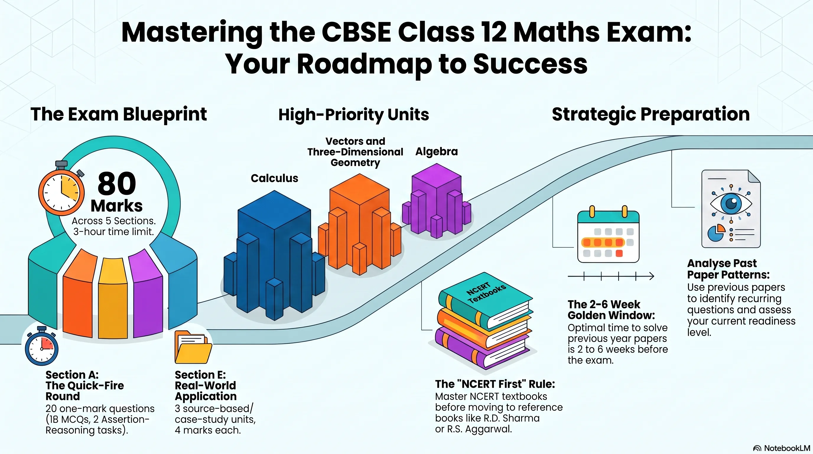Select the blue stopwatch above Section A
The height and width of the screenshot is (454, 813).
click(x=42, y=346)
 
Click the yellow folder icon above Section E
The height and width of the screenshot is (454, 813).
click(x=193, y=347)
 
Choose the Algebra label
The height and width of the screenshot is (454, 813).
click(x=436, y=152)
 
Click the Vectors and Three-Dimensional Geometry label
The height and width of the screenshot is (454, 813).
click(x=355, y=152)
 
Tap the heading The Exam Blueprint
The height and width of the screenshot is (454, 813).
click(x=119, y=114)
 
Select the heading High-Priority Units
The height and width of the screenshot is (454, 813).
click(x=354, y=115)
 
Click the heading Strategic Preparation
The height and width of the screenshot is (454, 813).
click(x=651, y=114)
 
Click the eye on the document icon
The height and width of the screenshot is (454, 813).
click(x=731, y=203)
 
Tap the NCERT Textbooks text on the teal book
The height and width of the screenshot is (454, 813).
click(x=486, y=292)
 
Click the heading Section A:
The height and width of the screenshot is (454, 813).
click(x=72, y=375)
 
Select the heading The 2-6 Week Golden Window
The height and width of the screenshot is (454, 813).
click(x=611, y=310)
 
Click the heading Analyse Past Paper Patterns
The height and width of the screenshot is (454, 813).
click(x=729, y=269)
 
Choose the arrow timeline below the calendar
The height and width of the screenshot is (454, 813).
click(x=611, y=277)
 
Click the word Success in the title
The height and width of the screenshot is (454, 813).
click(x=530, y=64)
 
